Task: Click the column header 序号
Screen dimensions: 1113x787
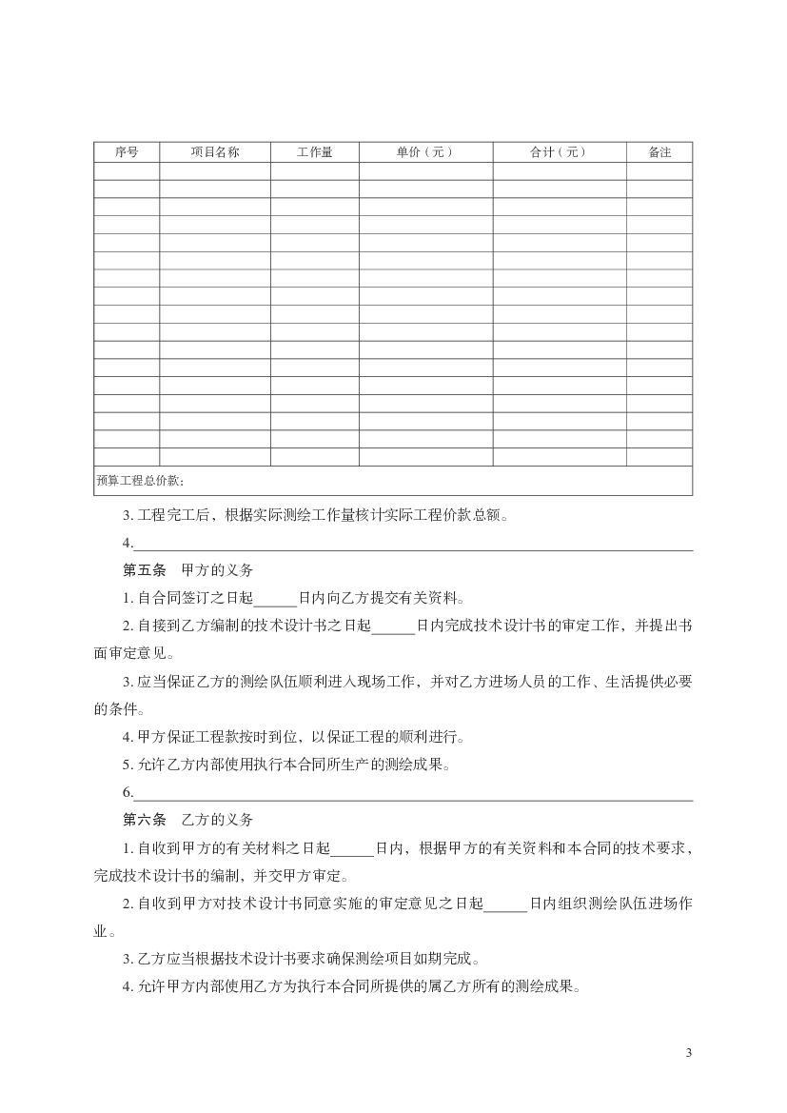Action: pos(127,152)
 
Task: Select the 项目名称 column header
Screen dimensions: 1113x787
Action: pos(214,152)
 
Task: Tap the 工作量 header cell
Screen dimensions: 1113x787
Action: pos(314,152)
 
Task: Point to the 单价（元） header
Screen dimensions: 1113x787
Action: pos(424,152)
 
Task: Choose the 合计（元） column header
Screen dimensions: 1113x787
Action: pos(559,152)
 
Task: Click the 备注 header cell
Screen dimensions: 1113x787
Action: pos(659,152)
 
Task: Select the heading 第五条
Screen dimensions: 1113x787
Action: pos(145,571)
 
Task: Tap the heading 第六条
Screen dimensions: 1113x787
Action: pos(145,820)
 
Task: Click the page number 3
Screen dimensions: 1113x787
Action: pos(688,1052)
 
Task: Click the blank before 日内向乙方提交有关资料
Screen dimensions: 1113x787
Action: pos(277,601)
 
